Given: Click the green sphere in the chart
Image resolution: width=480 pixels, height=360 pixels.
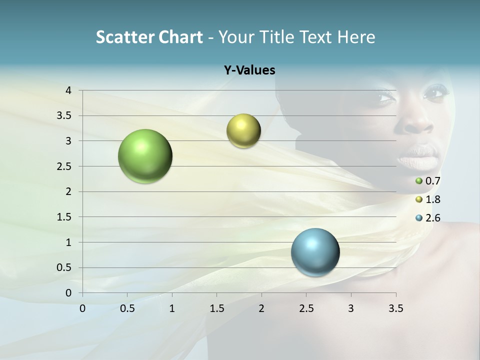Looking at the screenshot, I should (x=145, y=156).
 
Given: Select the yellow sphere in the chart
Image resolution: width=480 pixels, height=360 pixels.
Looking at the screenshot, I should (x=243, y=130).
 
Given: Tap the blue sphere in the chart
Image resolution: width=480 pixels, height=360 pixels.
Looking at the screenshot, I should (x=315, y=252).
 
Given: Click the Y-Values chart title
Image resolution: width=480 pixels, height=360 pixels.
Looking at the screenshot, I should (x=249, y=70).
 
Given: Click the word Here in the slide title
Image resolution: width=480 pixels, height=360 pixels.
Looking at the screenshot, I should (x=356, y=37).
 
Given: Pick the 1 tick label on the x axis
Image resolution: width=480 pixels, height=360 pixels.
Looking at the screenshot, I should (x=172, y=308).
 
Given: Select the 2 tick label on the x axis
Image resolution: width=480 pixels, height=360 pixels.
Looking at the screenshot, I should (x=261, y=308).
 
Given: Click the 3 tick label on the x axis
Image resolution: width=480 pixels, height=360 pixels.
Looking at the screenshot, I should (x=351, y=308).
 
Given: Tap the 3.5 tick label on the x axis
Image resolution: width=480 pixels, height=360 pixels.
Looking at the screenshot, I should (x=395, y=308).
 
